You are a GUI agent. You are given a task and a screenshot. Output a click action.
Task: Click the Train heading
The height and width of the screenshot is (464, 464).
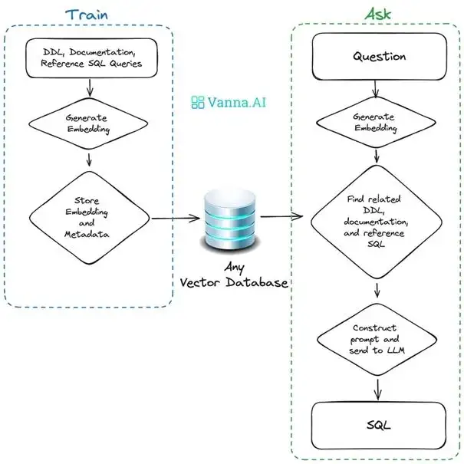click(86, 13)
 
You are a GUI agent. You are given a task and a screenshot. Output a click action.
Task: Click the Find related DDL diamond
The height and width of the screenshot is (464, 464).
click(375, 222)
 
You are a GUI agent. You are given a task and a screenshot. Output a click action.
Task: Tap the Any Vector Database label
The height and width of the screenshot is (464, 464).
click(233, 275)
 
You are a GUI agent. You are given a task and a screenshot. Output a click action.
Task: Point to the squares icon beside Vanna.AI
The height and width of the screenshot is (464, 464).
click(198, 101)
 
